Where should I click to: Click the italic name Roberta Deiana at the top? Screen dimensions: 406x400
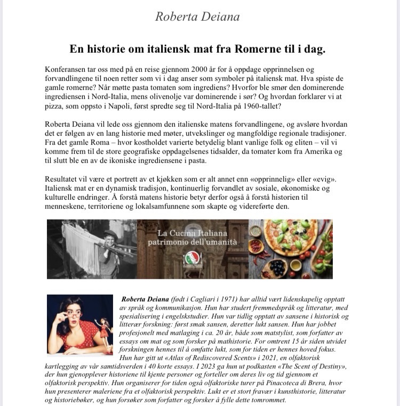pyautogui.click(x=197, y=17)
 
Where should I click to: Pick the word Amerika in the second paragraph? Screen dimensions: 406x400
pyautogui.click(x=294, y=151)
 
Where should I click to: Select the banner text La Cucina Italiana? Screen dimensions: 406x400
pyautogui.click(x=192, y=233)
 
